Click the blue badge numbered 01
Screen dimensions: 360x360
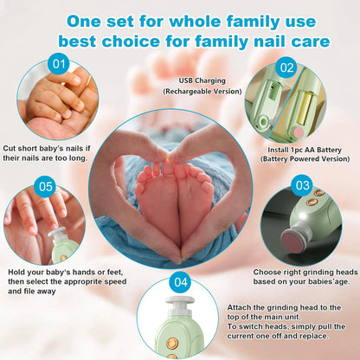[59, 63]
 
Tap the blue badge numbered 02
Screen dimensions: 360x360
[286, 67]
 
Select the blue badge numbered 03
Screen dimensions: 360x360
[302, 185]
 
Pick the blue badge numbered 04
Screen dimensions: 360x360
[180, 281]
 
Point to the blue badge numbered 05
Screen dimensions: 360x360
[46, 185]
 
